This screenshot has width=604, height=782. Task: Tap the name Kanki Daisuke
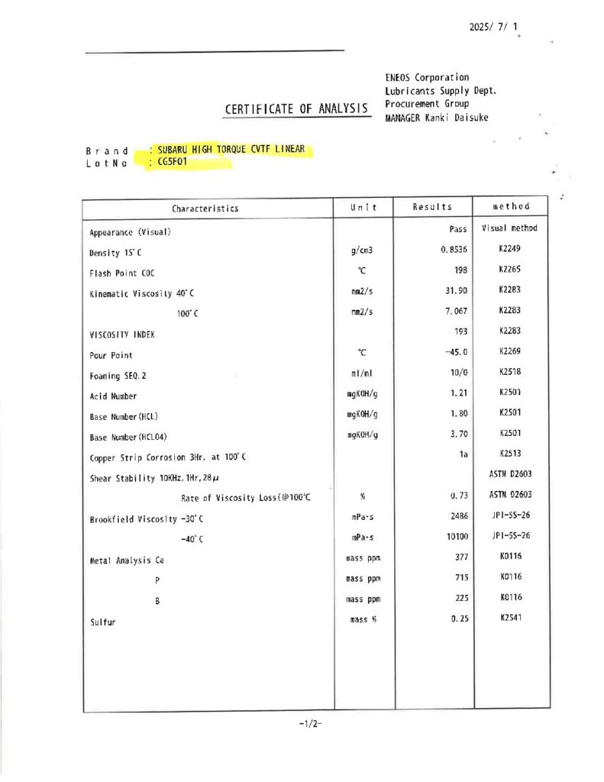[x=461, y=118]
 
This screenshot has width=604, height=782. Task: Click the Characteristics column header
[x=205, y=208]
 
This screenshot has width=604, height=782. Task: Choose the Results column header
[x=431, y=207]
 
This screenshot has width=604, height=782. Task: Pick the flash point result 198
[x=459, y=270]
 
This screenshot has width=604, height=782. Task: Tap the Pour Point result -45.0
[x=455, y=352]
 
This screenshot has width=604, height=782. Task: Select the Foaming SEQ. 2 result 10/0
[x=457, y=372]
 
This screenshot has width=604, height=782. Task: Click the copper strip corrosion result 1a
[x=460, y=454]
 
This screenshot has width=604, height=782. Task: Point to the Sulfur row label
[x=105, y=622]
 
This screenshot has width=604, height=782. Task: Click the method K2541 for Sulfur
[x=510, y=617]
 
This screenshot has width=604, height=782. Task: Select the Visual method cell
[x=509, y=228]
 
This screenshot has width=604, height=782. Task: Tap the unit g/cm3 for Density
[x=361, y=250]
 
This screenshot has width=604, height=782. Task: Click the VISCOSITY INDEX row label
[x=123, y=334]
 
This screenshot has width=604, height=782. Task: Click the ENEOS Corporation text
[x=427, y=77]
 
